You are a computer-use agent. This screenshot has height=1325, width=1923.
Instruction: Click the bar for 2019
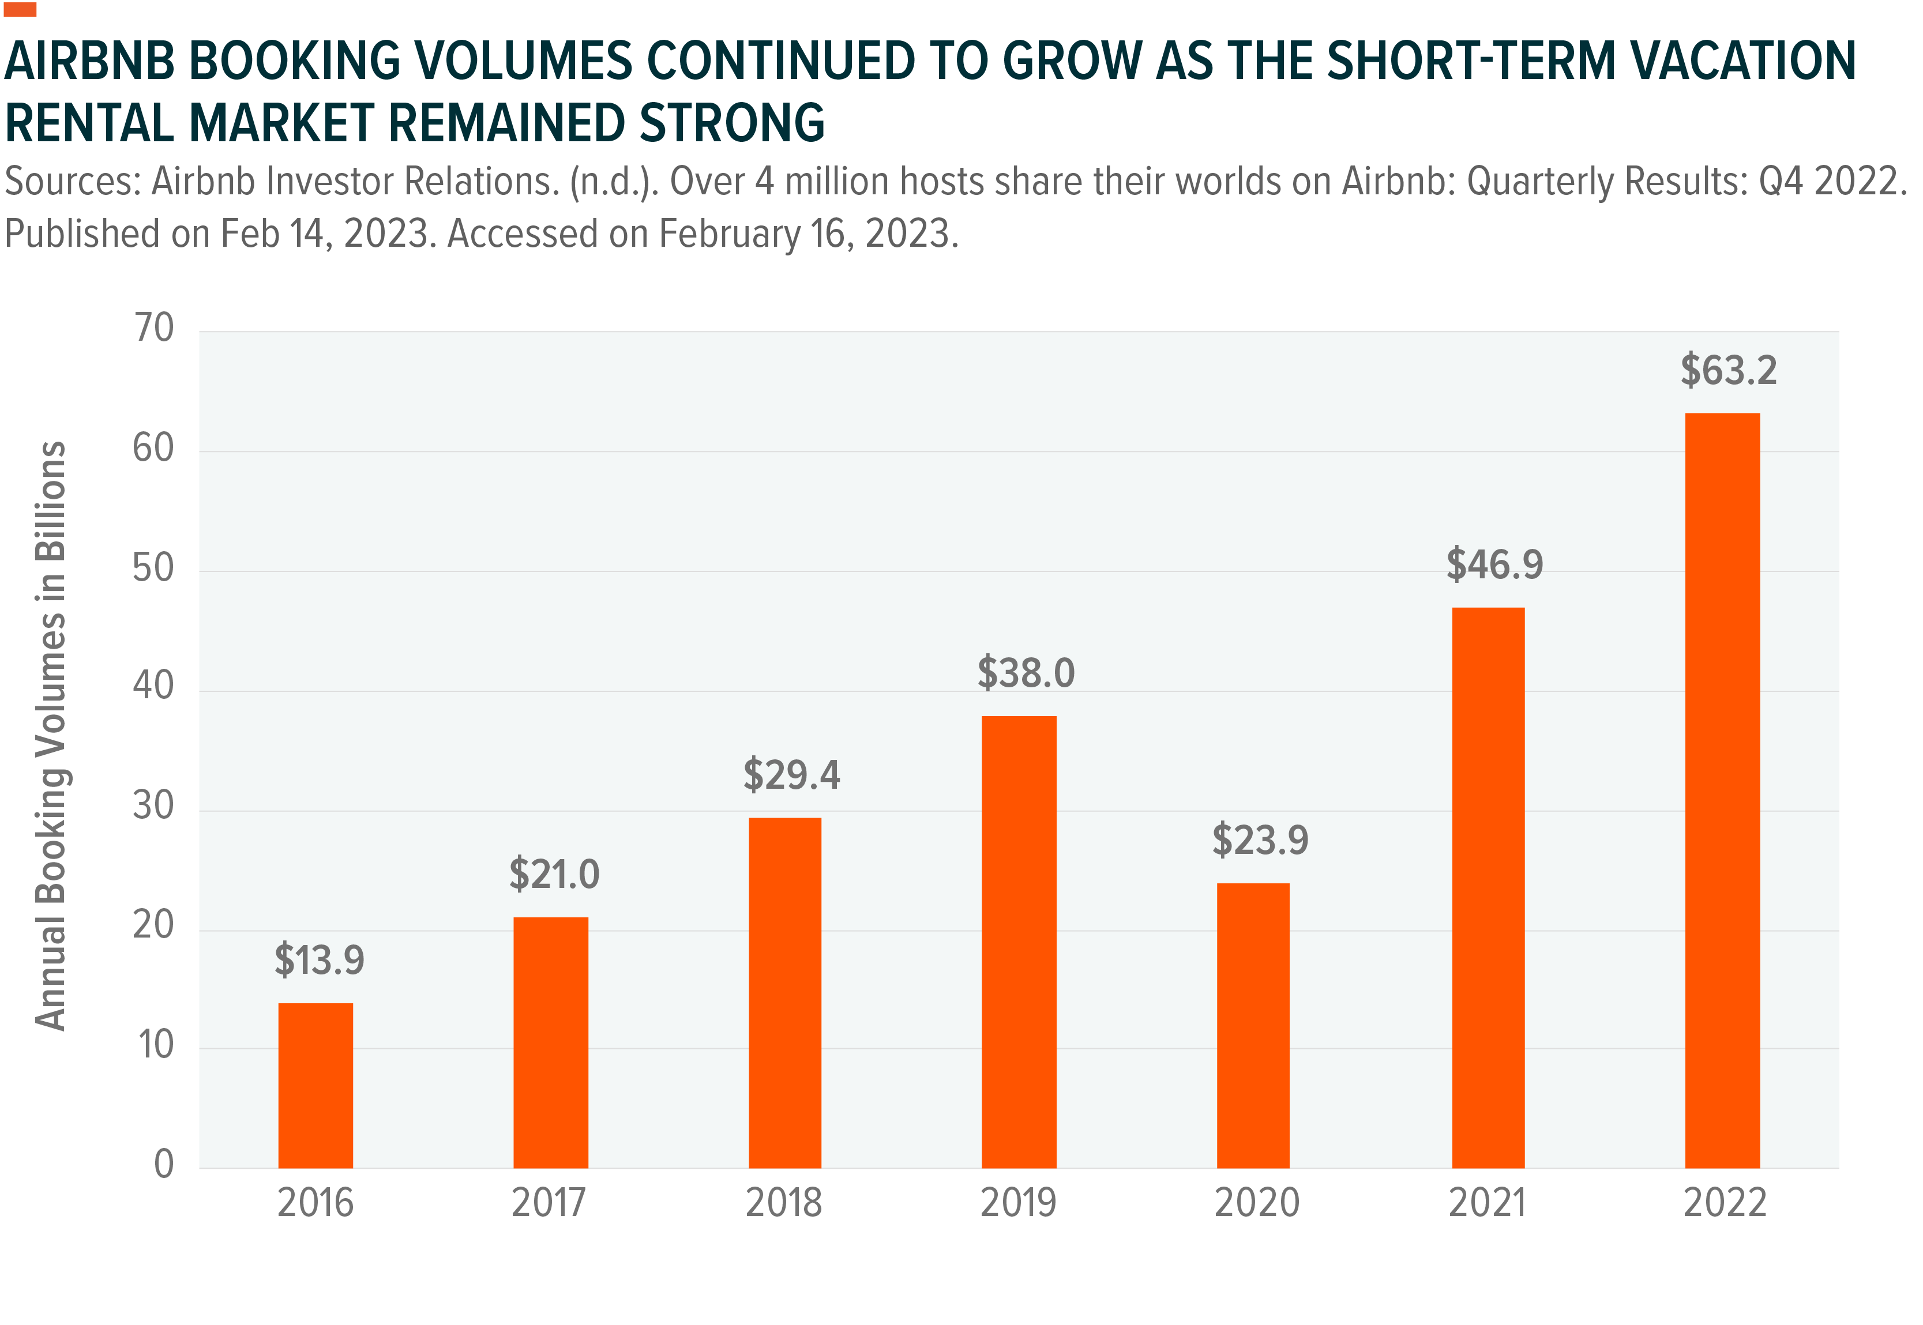tap(1019, 942)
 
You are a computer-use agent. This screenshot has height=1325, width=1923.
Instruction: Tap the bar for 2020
tap(1253, 1025)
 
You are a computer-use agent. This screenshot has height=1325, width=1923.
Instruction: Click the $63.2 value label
tap(1729, 370)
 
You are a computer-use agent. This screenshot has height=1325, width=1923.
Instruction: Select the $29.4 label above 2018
tap(791, 774)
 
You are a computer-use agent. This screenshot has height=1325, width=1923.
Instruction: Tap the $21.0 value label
tap(554, 874)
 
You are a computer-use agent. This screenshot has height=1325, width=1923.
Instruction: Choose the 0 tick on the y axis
tap(164, 1164)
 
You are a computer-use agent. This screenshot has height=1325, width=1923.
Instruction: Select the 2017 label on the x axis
tap(548, 1203)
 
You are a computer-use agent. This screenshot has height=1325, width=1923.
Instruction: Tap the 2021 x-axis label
tap(1487, 1203)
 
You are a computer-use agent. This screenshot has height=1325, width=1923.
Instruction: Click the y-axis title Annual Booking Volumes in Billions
tap(51, 736)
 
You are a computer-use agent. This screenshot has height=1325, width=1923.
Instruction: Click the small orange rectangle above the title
tap(21, 9)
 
